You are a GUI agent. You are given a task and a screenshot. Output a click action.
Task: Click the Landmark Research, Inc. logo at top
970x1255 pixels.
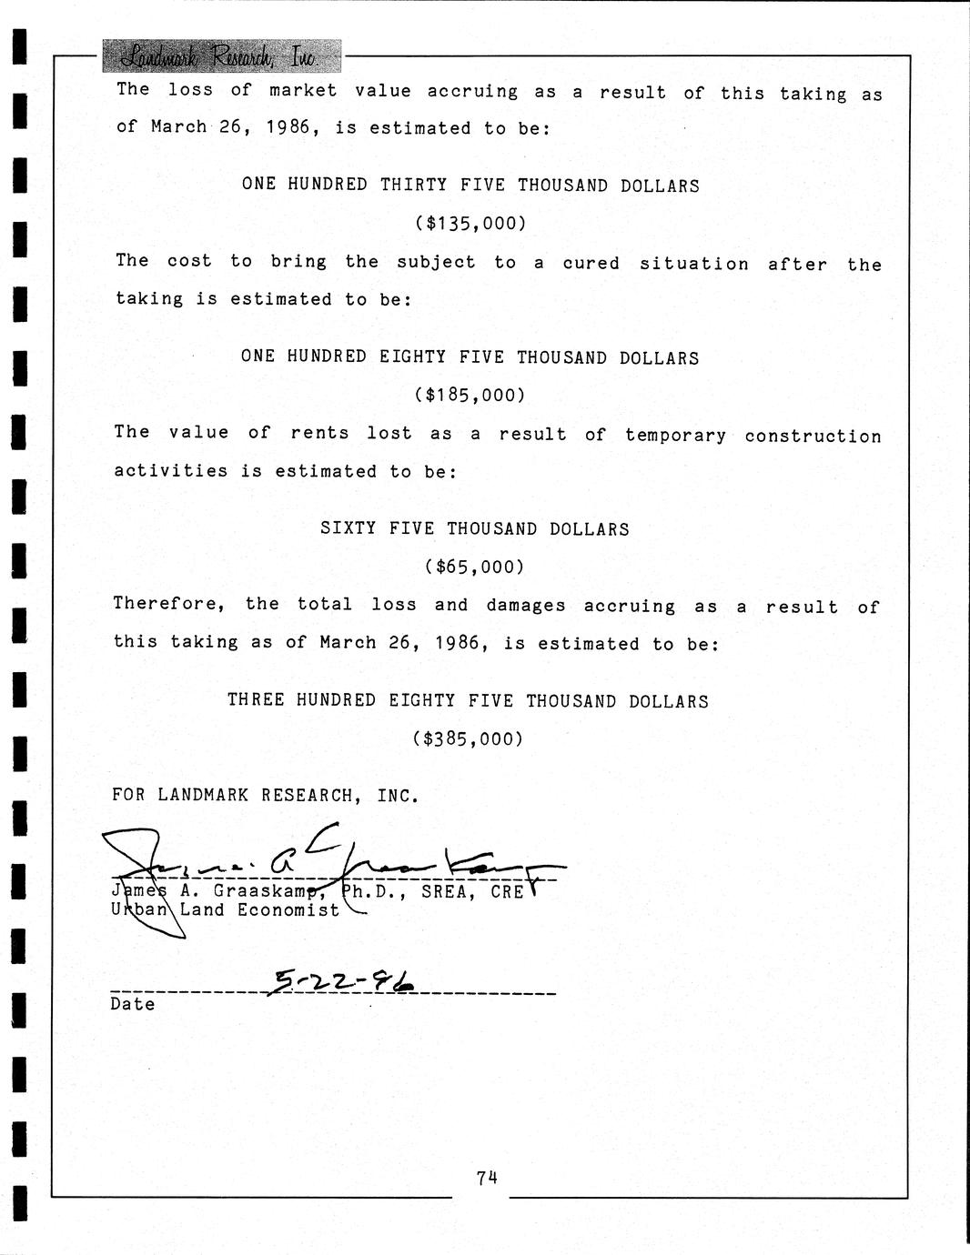pyautogui.click(x=221, y=57)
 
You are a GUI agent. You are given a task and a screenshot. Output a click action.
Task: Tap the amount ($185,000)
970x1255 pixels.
pyautogui.click(x=470, y=396)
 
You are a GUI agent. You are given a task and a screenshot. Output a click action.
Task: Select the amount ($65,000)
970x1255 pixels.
pyautogui.click(x=474, y=567)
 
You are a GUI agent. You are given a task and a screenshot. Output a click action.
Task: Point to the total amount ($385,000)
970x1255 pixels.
pyautogui.click(x=469, y=739)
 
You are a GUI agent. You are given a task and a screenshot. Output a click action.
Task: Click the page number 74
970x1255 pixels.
pyautogui.click(x=486, y=1179)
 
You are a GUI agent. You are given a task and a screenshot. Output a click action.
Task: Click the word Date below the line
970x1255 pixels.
pyautogui.click(x=133, y=1004)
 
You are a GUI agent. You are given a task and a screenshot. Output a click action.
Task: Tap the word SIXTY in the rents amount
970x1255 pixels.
pyautogui.click(x=348, y=528)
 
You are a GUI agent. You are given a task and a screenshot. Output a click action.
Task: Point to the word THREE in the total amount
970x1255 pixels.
pyautogui.click(x=256, y=700)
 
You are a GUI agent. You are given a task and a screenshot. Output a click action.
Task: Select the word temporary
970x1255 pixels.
pyautogui.click(x=675, y=435)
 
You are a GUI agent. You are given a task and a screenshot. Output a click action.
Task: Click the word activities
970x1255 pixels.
pyautogui.click(x=170, y=471)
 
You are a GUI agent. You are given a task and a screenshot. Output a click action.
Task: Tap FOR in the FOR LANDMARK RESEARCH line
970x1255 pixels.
pyautogui.click(x=128, y=796)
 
